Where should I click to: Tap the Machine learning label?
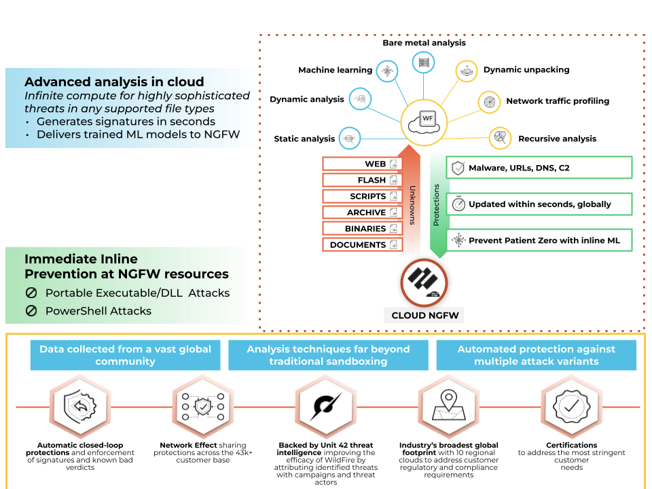[x=336, y=70]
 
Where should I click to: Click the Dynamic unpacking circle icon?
[x=467, y=71]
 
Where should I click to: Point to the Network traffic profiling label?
[x=558, y=101]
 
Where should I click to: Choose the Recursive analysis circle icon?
[x=501, y=138]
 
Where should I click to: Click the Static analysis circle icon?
[x=350, y=138]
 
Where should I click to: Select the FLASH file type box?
[x=363, y=180]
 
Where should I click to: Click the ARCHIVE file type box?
[x=363, y=213]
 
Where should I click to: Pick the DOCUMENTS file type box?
[x=363, y=244]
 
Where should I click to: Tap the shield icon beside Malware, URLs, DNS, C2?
[x=458, y=168]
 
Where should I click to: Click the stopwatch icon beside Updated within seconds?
[x=458, y=204]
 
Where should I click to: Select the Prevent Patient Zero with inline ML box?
[x=539, y=240]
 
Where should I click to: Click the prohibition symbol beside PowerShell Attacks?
[x=31, y=311]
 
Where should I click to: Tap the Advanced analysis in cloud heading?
[x=114, y=82]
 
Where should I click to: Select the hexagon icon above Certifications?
[x=570, y=407]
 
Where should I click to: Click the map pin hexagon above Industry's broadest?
[x=448, y=407]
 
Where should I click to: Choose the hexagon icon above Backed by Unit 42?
[x=326, y=407]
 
